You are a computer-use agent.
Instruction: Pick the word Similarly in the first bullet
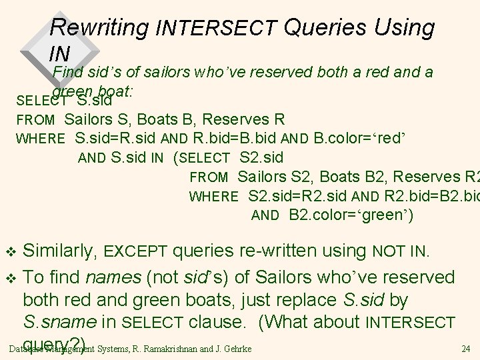(x=62, y=251)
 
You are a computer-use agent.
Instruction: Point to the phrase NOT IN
(x=400, y=252)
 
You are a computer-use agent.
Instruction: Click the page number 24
(x=465, y=348)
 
